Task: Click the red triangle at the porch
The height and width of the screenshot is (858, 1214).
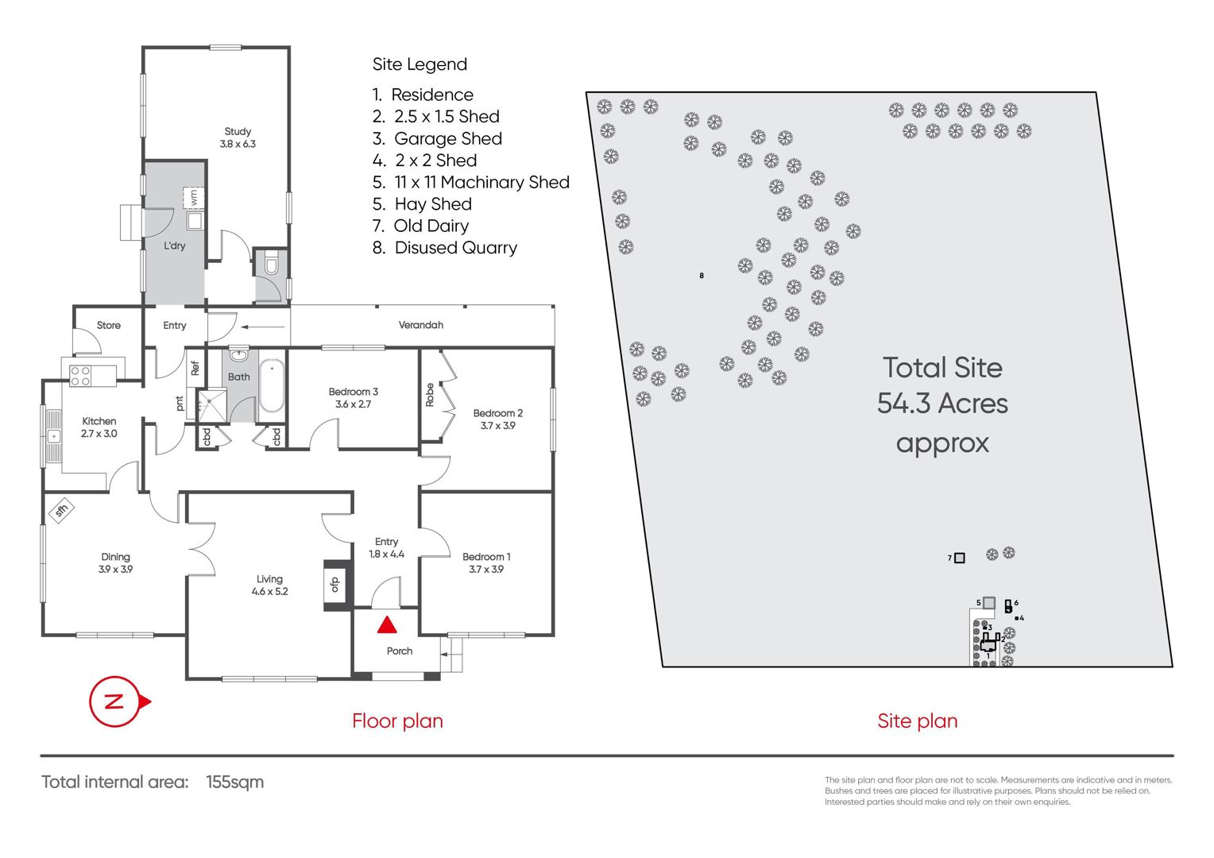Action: (x=386, y=625)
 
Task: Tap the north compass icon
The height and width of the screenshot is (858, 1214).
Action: (x=119, y=701)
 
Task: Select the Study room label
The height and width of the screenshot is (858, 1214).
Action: (x=238, y=137)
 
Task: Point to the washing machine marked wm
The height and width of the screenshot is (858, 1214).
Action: (x=194, y=197)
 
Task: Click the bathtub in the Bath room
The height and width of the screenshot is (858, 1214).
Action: (x=272, y=386)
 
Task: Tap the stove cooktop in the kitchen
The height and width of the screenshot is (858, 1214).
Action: (x=80, y=376)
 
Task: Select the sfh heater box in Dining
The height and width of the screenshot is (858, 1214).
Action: (x=61, y=510)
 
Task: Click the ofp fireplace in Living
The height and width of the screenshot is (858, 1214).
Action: (x=335, y=584)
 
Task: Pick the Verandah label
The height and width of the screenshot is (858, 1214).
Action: (x=420, y=325)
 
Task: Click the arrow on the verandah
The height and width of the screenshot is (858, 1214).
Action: (x=263, y=327)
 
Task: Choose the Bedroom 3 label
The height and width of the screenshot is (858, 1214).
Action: (x=353, y=397)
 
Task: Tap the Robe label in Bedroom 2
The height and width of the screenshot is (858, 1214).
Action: (x=430, y=395)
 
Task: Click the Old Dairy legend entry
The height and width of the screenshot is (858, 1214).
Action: (x=420, y=226)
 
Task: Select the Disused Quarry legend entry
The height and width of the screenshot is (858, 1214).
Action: (x=445, y=248)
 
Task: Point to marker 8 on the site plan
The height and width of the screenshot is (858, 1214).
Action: (x=702, y=276)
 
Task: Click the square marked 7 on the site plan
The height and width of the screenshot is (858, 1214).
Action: (x=959, y=558)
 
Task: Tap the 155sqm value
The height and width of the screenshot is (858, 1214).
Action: (x=234, y=782)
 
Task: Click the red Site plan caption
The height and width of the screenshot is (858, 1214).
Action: (x=918, y=721)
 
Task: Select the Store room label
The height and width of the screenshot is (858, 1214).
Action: (x=108, y=325)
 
